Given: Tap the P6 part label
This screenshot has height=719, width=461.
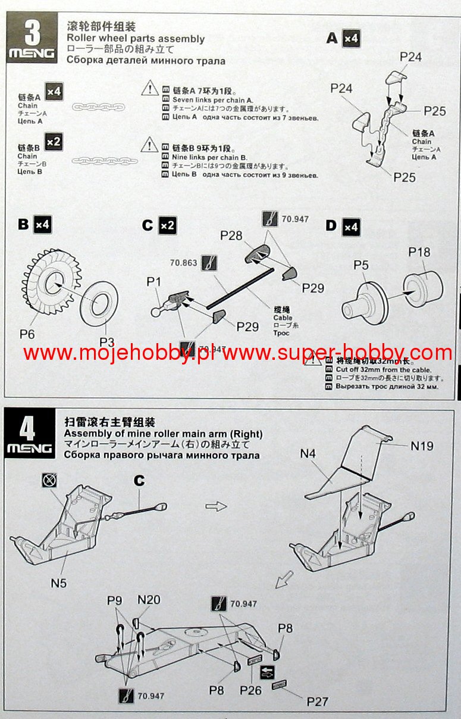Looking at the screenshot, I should (x=27, y=334).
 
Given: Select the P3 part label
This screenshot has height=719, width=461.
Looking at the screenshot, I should (x=107, y=341).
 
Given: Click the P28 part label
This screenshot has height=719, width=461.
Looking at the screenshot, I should (x=231, y=236).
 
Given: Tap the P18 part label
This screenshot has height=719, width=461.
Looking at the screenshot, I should (x=419, y=253).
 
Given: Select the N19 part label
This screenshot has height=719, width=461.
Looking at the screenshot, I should (x=422, y=445).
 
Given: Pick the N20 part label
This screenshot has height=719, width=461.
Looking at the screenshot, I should (x=149, y=600).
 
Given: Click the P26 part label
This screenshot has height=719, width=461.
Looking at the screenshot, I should (x=250, y=690).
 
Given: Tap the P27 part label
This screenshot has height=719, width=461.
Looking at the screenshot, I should (x=317, y=701).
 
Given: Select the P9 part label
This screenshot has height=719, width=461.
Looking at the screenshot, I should (x=115, y=600).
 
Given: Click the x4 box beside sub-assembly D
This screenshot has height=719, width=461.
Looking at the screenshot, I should (x=351, y=227).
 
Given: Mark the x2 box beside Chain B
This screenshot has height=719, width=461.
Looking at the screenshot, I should (x=54, y=142).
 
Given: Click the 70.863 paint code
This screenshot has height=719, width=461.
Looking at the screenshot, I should (x=183, y=262).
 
